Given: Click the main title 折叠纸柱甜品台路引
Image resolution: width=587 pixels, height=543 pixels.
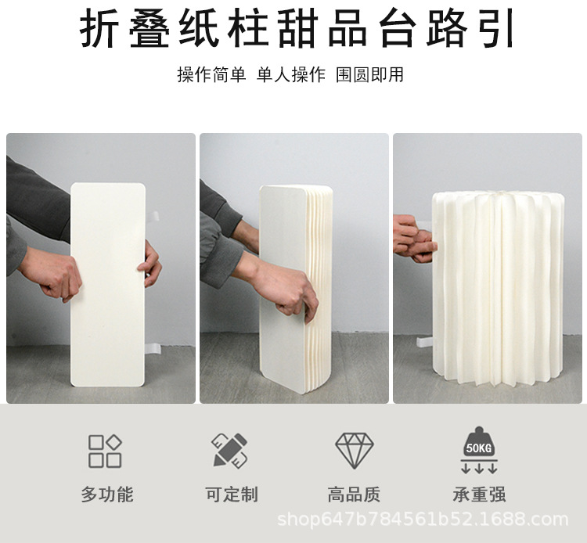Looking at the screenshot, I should click(298, 29).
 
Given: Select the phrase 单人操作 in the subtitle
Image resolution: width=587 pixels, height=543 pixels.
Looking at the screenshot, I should click(290, 75).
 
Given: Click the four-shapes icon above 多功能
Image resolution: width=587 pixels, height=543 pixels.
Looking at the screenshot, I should click(105, 451).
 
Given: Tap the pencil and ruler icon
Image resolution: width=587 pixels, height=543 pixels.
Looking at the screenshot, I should click(229, 451).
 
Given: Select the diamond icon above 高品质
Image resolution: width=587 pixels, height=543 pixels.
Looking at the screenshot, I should click(354, 450).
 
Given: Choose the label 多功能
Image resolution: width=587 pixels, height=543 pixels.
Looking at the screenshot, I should click(106, 494).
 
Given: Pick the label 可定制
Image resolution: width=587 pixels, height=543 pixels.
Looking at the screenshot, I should click(231, 494).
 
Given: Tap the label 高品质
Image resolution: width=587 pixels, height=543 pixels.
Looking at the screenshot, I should click(354, 494).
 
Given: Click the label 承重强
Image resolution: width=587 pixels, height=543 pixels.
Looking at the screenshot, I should click(479, 494).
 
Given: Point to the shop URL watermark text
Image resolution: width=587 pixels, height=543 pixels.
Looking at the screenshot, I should click(423, 520).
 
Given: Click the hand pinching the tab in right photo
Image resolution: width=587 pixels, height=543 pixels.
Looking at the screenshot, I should click(412, 239).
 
